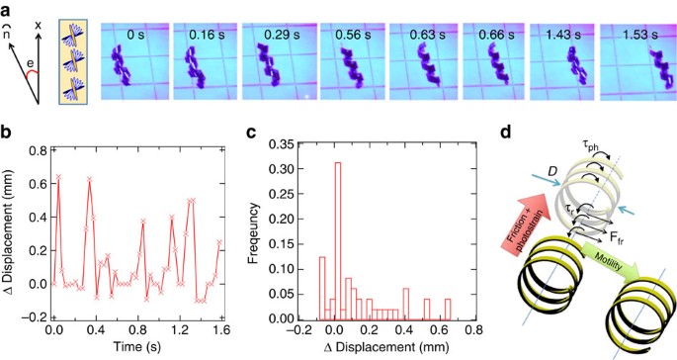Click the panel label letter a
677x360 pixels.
[x=9, y=10]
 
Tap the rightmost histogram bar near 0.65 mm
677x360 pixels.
[x=452, y=310]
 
